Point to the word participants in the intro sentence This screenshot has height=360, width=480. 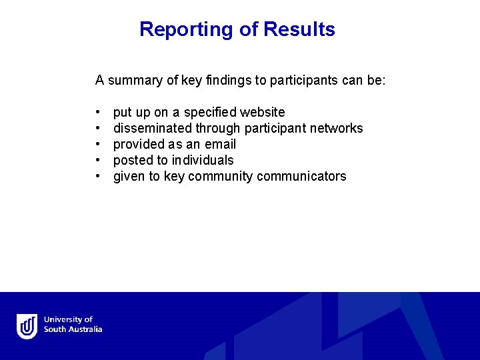pyautogui.click(x=302, y=81)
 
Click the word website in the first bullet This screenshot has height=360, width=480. pyautogui.click(x=263, y=112)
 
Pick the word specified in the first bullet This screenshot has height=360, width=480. pyautogui.click(x=210, y=112)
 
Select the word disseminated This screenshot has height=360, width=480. pyautogui.click(x=153, y=128)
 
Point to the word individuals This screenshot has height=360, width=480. pyautogui.click(x=203, y=160)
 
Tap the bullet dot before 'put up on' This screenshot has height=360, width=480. pyautogui.click(x=98, y=113)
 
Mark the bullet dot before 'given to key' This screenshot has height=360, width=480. pyautogui.click(x=98, y=177)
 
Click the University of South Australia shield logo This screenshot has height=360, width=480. pyautogui.click(x=27, y=326)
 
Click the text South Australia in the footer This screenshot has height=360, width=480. pyautogui.click(x=73, y=329)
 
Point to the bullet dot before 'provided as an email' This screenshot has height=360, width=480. pyautogui.click(x=98, y=145)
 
